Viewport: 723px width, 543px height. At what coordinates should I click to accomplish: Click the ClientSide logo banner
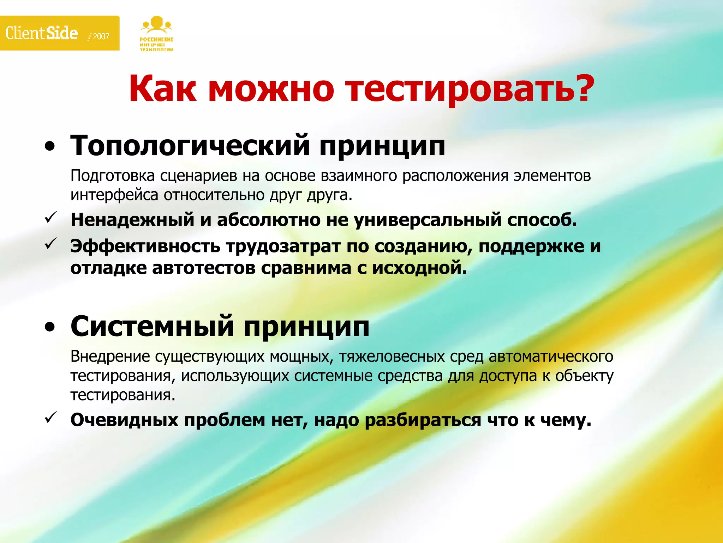coord(59,33)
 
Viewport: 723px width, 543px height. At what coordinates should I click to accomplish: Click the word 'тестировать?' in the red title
coord(470,88)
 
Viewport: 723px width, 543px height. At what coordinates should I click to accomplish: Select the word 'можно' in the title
coord(271,88)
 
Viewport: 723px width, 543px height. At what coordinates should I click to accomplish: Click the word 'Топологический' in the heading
coord(190,146)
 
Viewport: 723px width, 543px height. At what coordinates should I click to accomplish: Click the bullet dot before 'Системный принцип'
coord(50,327)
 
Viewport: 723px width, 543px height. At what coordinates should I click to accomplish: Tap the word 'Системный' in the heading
coord(152,326)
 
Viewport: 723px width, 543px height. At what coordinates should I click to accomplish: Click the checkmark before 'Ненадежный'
coord(50,217)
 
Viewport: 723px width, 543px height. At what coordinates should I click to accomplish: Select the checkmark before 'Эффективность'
coord(50,244)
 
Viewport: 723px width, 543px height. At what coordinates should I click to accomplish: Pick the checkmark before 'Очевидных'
coord(50,418)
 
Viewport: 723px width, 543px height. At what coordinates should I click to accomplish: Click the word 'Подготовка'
coord(113,176)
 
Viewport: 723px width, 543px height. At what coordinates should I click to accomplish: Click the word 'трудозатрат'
coord(283,246)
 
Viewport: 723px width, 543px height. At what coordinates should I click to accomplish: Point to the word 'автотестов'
coord(203,268)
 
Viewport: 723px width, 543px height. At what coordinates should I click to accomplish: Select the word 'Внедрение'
coord(110,356)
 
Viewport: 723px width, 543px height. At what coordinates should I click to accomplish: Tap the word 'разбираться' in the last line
coord(423,420)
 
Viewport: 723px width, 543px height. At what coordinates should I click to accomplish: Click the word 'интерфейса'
coord(114,195)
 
